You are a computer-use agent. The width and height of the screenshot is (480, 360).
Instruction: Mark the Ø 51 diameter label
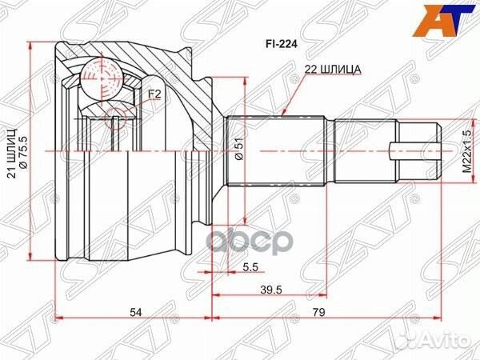tap(238, 151)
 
